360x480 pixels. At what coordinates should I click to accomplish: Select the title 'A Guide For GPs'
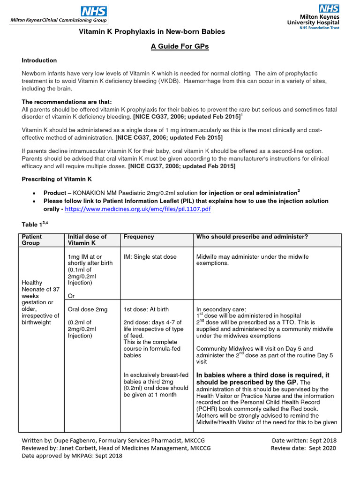180,46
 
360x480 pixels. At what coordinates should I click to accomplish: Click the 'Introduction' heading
39,60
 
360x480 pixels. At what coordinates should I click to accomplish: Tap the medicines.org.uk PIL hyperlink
137,209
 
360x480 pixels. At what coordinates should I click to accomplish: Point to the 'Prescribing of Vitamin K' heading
57,179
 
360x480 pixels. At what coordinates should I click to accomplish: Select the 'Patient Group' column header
32,240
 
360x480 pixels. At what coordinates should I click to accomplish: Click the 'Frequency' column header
139,237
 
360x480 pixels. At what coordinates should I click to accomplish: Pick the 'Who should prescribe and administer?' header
252,237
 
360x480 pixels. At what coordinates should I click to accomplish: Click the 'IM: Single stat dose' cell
150,257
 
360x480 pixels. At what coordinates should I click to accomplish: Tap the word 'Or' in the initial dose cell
71,296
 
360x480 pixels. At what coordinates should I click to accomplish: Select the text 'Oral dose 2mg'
88,309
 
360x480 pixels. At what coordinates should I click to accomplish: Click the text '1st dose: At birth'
146,309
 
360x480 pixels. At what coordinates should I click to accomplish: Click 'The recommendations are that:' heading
67,102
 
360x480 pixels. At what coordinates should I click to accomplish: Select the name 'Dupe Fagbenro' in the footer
71,441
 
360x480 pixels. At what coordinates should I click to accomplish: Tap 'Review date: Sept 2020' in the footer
303,448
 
